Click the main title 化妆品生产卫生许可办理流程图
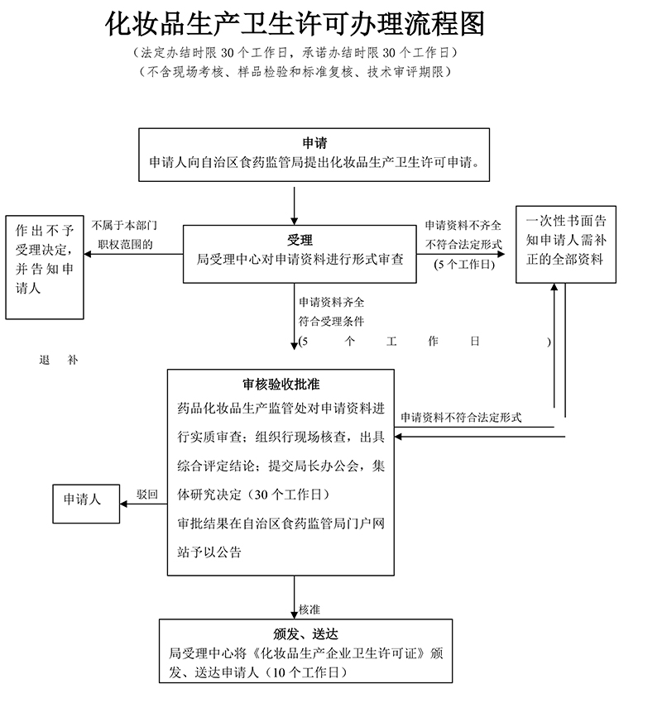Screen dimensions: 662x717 coord(295,24)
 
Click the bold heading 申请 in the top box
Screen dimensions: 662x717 coord(314,143)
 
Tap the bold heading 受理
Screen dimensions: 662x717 coord(300,240)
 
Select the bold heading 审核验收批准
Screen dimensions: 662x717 coord(281,384)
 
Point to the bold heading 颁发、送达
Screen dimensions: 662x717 coord(305,633)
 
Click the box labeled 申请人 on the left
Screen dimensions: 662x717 coord(86,504)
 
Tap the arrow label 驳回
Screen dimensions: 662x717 coord(146,495)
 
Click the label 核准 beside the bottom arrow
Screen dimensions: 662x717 coord(309,609)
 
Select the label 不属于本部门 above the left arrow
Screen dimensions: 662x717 coord(124,225)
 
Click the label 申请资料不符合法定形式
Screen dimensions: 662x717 coord(461,417)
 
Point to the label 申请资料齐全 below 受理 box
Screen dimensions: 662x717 coord(331,302)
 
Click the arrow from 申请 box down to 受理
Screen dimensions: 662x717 coord(294,206)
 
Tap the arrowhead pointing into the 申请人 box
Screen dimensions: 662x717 coord(123,504)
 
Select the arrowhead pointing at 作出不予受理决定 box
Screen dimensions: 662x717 coord(88,254)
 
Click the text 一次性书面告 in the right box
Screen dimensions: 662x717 coord(566,221)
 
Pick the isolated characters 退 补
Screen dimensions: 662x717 coord(59,360)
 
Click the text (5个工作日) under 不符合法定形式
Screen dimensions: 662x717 coord(464,265)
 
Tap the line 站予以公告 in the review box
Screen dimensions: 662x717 coord(209,552)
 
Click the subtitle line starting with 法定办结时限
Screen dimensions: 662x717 coord(295,53)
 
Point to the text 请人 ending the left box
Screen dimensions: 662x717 coord(28,288)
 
